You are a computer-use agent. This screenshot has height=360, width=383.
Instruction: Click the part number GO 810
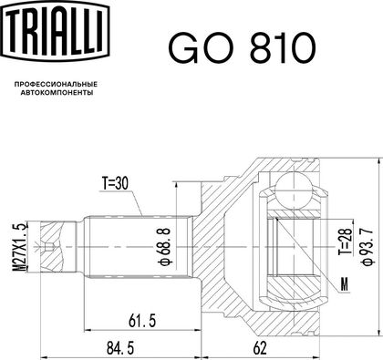click(x=243, y=47)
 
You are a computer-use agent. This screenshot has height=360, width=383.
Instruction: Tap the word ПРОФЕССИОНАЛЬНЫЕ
click(x=56, y=84)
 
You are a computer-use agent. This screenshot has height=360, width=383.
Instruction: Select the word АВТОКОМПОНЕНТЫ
click(x=57, y=93)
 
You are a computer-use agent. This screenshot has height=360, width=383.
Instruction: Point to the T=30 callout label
click(x=115, y=183)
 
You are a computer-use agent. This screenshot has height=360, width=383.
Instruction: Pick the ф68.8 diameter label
click(x=165, y=246)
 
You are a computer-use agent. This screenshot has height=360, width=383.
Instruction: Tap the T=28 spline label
click(x=345, y=242)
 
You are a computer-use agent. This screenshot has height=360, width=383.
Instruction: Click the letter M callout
click(x=344, y=284)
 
